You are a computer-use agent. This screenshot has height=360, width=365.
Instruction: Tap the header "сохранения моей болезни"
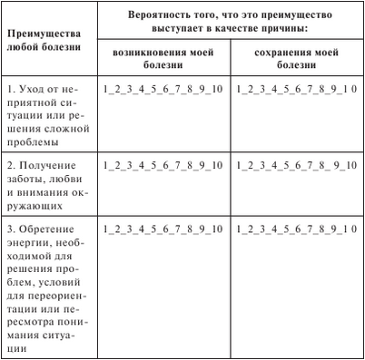click(292, 59)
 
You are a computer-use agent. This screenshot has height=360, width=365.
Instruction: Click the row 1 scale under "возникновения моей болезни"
click(163, 90)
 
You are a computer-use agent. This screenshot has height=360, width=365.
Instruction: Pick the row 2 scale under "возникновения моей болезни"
click(163, 165)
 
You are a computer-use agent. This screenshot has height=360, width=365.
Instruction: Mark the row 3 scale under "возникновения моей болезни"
click(163, 230)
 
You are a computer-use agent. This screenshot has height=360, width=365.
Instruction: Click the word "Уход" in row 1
click(31, 91)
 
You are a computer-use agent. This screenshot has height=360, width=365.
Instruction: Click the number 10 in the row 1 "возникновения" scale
click(215, 90)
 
